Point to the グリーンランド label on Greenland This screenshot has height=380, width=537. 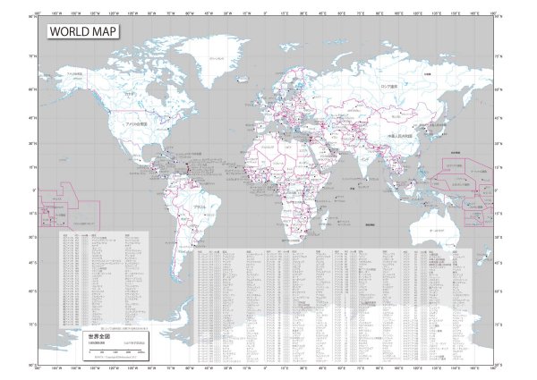click(215, 57)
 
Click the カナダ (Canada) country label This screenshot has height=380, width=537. click(131, 92)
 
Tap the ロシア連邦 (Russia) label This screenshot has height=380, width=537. click(389, 87)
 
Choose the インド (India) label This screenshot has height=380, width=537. click(366, 157)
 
